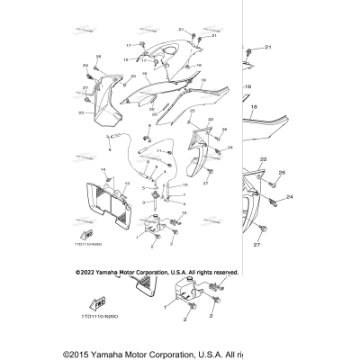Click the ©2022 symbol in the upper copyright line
pyautogui.click(x=80, y=270)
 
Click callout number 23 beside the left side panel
pyautogui.click(x=80, y=113)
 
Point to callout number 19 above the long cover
pyautogui.click(x=143, y=76)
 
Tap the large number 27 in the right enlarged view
pyautogui.click(x=256, y=244)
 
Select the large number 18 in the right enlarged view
pyautogui.click(x=254, y=107)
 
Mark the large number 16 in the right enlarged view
pyautogui.click(x=248, y=87)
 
